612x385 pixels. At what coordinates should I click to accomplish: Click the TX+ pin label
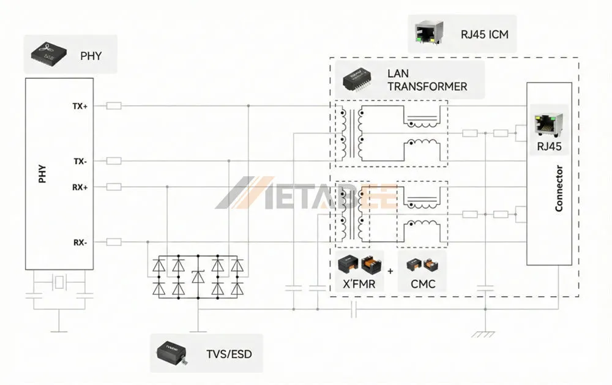pyautogui.click(x=80, y=106)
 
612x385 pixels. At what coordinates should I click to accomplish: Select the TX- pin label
pyautogui.click(x=80, y=161)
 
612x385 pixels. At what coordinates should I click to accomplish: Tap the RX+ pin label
pyautogui.click(x=80, y=187)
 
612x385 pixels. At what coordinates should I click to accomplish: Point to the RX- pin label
pyautogui.click(x=80, y=242)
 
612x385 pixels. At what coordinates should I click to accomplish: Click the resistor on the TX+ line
pyautogui.click(x=114, y=106)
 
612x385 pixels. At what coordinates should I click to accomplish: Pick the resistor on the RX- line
pyautogui.click(x=114, y=242)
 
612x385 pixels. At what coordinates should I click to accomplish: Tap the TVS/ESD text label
pyautogui.click(x=228, y=354)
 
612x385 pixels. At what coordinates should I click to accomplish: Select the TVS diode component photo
pyautogui.click(x=174, y=354)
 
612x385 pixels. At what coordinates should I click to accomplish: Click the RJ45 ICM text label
pyautogui.click(x=484, y=34)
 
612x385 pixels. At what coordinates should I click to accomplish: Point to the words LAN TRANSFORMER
pyautogui.click(x=427, y=80)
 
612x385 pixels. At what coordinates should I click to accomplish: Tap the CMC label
pyautogui.click(x=422, y=284)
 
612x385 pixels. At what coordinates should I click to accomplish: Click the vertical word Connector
pyautogui.click(x=559, y=189)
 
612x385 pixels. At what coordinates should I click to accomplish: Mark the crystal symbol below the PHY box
pyautogui.click(x=59, y=283)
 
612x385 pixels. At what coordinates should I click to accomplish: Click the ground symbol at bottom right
pyautogui.click(x=485, y=334)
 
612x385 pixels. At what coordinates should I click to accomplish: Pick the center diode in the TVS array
pyautogui.click(x=197, y=277)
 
